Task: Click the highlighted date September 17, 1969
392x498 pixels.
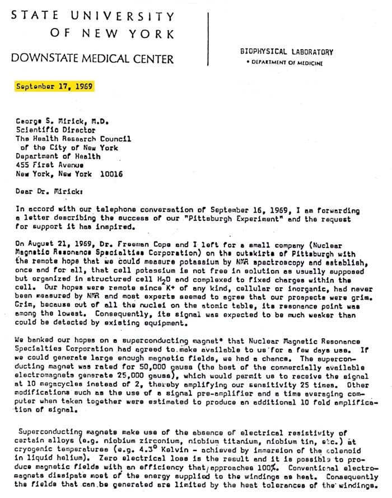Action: pos(54,87)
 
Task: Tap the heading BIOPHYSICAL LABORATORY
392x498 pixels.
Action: pos(286,52)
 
